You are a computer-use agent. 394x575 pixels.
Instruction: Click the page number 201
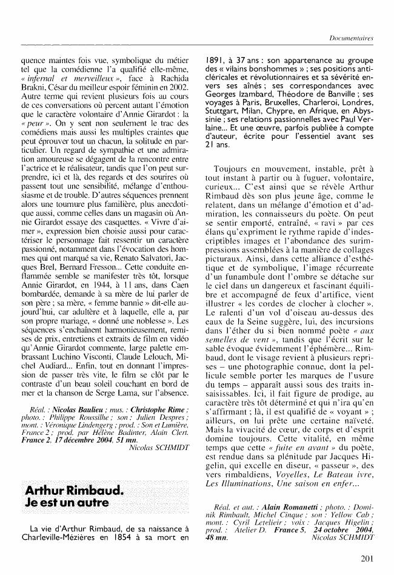pos(366,559)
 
